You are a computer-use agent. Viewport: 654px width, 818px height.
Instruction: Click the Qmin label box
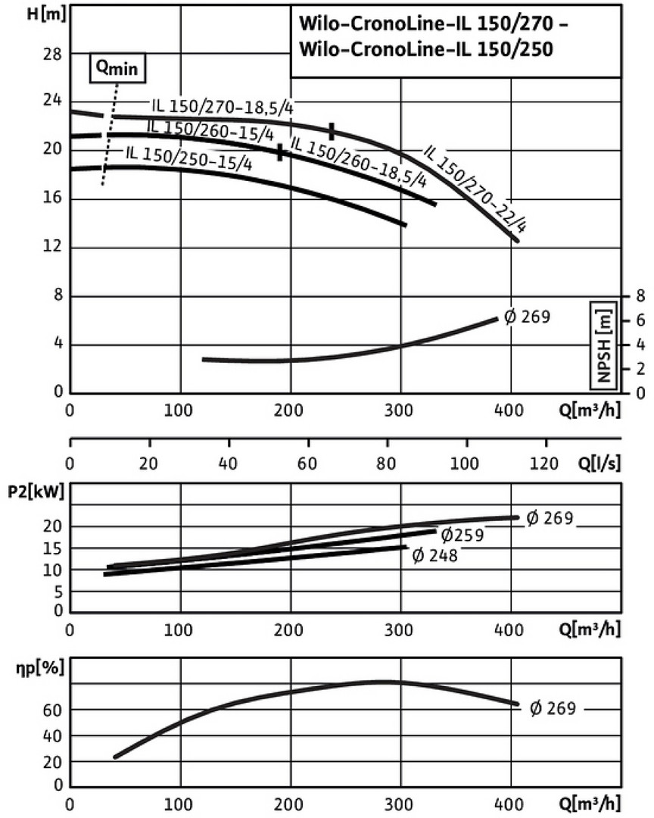pos(117,67)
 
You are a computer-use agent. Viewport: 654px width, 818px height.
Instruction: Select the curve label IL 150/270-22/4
pos(475,186)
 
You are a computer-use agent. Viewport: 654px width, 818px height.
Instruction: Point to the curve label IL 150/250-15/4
pos(188,158)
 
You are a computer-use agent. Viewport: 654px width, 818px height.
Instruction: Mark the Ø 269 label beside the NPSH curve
pos(524,317)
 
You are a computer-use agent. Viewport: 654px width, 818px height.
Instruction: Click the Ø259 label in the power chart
pos(461,535)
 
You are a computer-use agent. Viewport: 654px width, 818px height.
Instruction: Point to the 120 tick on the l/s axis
pos(545,464)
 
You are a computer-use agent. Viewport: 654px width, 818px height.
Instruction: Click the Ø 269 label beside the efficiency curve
pos(553,710)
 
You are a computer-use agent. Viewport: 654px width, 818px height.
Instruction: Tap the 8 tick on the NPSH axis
pos(640,295)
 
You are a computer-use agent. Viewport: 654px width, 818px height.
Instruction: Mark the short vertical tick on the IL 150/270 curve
pos(331,131)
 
